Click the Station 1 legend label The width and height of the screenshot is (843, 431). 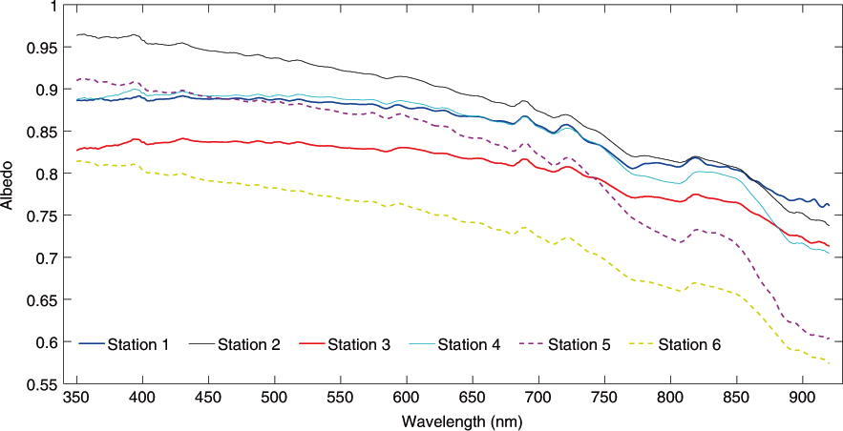pyautogui.click(x=138, y=344)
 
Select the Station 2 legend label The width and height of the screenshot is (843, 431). pyautogui.click(x=248, y=344)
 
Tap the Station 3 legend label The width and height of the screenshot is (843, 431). pyautogui.click(x=359, y=344)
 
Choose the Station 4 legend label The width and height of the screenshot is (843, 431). pyautogui.click(x=469, y=344)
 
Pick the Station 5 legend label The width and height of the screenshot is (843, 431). pyautogui.click(x=580, y=344)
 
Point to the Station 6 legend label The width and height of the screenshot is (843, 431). pyautogui.click(x=690, y=344)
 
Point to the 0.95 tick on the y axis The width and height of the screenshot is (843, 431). pyautogui.click(x=45, y=48)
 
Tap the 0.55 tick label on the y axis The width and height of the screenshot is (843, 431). pyautogui.click(x=45, y=384)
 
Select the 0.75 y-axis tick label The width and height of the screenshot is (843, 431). pyautogui.click(x=45, y=216)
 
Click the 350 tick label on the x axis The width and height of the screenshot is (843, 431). pyautogui.click(x=75, y=398)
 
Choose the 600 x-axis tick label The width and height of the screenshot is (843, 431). pyautogui.click(x=406, y=398)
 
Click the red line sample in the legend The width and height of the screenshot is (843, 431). pyautogui.click(x=311, y=344)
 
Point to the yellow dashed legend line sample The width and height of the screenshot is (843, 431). pyautogui.click(x=642, y=344)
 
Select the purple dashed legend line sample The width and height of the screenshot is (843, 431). pyautogui.click(x=532, y=344)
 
